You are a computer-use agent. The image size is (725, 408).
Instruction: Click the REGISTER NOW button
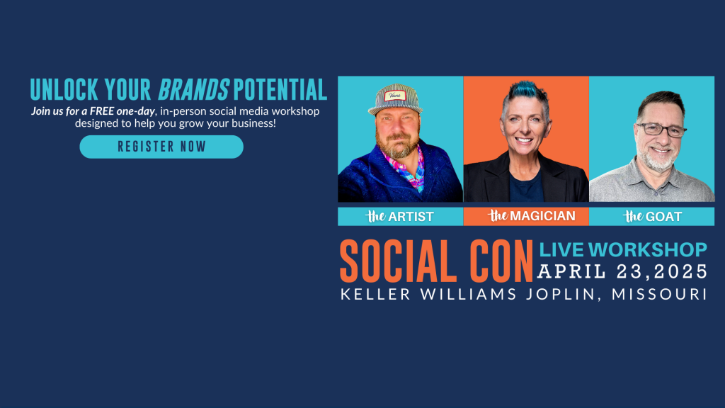pos(161,147)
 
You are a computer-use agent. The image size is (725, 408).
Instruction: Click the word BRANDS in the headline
pos(193,90)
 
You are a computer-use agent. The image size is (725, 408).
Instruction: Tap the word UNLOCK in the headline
pos(64,90)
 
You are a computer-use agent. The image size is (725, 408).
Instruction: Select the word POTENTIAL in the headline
pos(280,90)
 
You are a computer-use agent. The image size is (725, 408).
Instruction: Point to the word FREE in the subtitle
pos(102,111)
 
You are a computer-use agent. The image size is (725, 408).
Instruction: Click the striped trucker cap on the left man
pos(396,98)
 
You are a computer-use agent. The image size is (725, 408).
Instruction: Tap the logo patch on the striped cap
pos(395,96)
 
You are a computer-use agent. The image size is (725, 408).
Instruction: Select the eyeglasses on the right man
pos(661,130)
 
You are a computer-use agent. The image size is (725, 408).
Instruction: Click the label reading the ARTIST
pos(400,216)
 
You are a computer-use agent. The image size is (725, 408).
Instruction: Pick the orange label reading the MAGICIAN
pos(526,216)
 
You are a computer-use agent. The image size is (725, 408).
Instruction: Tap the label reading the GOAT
pos(652,216)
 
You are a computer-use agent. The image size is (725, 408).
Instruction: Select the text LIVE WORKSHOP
pos(623,250)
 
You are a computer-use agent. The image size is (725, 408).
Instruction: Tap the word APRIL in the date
pos(571,271)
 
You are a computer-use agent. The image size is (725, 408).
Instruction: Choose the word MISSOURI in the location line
pos(659,294)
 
